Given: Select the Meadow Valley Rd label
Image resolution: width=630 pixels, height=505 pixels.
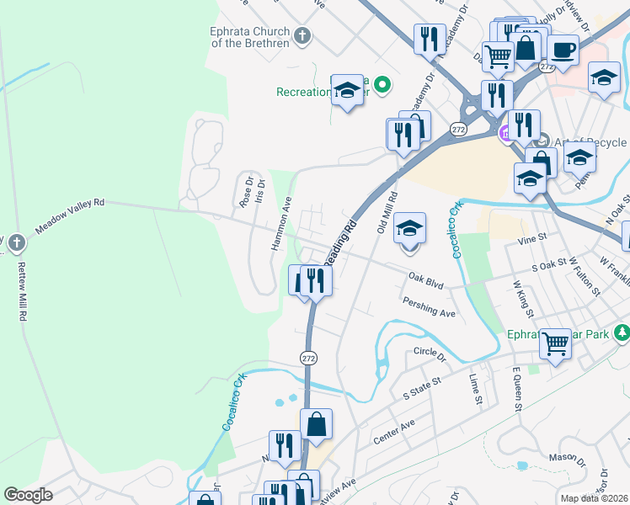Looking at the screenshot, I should pyautogui.click(x=69, y=216).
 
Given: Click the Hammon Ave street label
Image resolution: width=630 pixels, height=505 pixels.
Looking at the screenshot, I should pyautogui.click(x=280, y=224).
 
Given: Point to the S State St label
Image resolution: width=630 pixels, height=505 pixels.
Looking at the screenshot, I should pyautogui.click(x=422, y=388).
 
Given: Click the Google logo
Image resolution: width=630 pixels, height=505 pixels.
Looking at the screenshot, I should pyautogui.click(x=28, y=494).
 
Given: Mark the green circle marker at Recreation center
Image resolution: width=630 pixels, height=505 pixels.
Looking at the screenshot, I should pyautogui.click(x=382, y=83).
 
